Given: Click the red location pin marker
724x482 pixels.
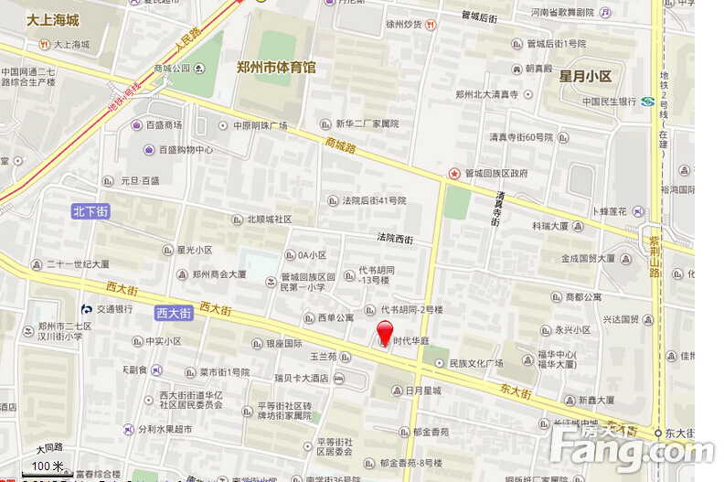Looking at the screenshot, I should tap(385, 333).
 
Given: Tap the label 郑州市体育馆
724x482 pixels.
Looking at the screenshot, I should tap(276, 67).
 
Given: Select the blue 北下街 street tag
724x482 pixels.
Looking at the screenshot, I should tap(90, 212).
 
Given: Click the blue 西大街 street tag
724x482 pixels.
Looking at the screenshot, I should tap(173, 313).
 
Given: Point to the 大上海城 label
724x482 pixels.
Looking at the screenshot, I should tap(52, 20).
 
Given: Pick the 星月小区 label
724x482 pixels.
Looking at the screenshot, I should tap(585, 75).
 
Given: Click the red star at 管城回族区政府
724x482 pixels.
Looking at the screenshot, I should tap(453, 173).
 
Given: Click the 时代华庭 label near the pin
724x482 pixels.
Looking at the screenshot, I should tap(411, 340).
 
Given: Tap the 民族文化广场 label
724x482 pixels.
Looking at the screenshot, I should tap(476, 363).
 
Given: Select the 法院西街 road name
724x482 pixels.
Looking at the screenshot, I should tap(395, 239).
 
